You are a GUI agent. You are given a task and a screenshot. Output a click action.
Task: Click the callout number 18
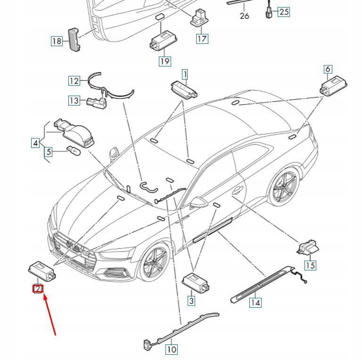click(x=57, y=41)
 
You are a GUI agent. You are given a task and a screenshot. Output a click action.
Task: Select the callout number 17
click(x=202, y=38)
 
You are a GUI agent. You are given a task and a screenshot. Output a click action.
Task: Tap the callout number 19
click(x=165, y=61)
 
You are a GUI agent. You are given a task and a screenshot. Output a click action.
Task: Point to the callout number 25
click(x=284, y=12)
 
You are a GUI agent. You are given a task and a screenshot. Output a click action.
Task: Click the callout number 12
click(x=74, y=81)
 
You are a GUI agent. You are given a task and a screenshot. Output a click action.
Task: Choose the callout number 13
click(x=74, y=100)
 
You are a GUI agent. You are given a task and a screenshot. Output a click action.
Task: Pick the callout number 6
click(x=328, y=69)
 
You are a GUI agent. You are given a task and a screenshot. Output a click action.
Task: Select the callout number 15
click(x=310, y=265)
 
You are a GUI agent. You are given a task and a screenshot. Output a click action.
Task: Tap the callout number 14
click(x=255, y=303)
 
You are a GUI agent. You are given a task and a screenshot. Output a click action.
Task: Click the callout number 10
click(x=171, y=349)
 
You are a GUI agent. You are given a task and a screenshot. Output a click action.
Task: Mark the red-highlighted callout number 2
click(x=38, y=289)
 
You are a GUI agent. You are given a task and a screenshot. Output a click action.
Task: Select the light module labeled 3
click(x=195, y=282)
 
